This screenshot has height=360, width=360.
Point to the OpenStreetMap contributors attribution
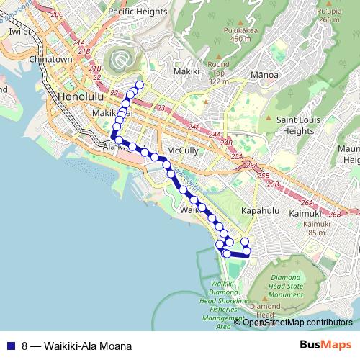(297, 323)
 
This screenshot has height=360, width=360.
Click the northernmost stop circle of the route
(139, 85)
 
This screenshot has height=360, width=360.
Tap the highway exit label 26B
(333, 215)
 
